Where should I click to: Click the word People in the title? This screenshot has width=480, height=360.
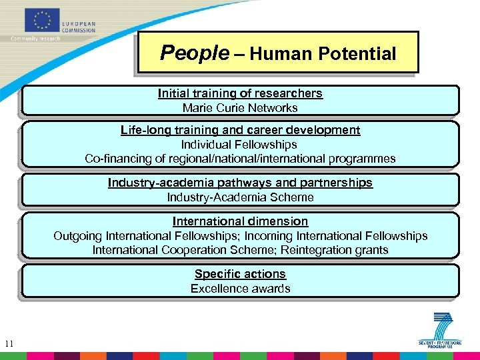coord(194,53)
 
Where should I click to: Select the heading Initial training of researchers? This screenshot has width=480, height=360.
coord(240,93)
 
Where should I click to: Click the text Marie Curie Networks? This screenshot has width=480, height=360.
coord(240,107)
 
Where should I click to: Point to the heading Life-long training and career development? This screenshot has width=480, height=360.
coord(240,130)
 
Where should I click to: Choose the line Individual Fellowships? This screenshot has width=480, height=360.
coord(239,144)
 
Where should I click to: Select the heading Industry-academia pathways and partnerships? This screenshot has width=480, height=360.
coord(240,183)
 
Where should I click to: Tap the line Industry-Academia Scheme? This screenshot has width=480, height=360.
coord(240,197)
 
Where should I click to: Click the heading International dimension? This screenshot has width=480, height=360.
coord(240,221)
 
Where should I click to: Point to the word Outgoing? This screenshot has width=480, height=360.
coord(79,235)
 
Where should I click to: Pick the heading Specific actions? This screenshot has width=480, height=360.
coord(240,273)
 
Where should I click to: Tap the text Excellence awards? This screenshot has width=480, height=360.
coord(240,288)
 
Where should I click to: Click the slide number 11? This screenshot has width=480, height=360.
coord(9,344)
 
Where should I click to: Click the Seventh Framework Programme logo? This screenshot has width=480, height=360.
coord(441,329)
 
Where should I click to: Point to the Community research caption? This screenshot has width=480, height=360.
coord(35,39)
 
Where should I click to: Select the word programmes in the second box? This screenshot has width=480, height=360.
coord(363,159)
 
